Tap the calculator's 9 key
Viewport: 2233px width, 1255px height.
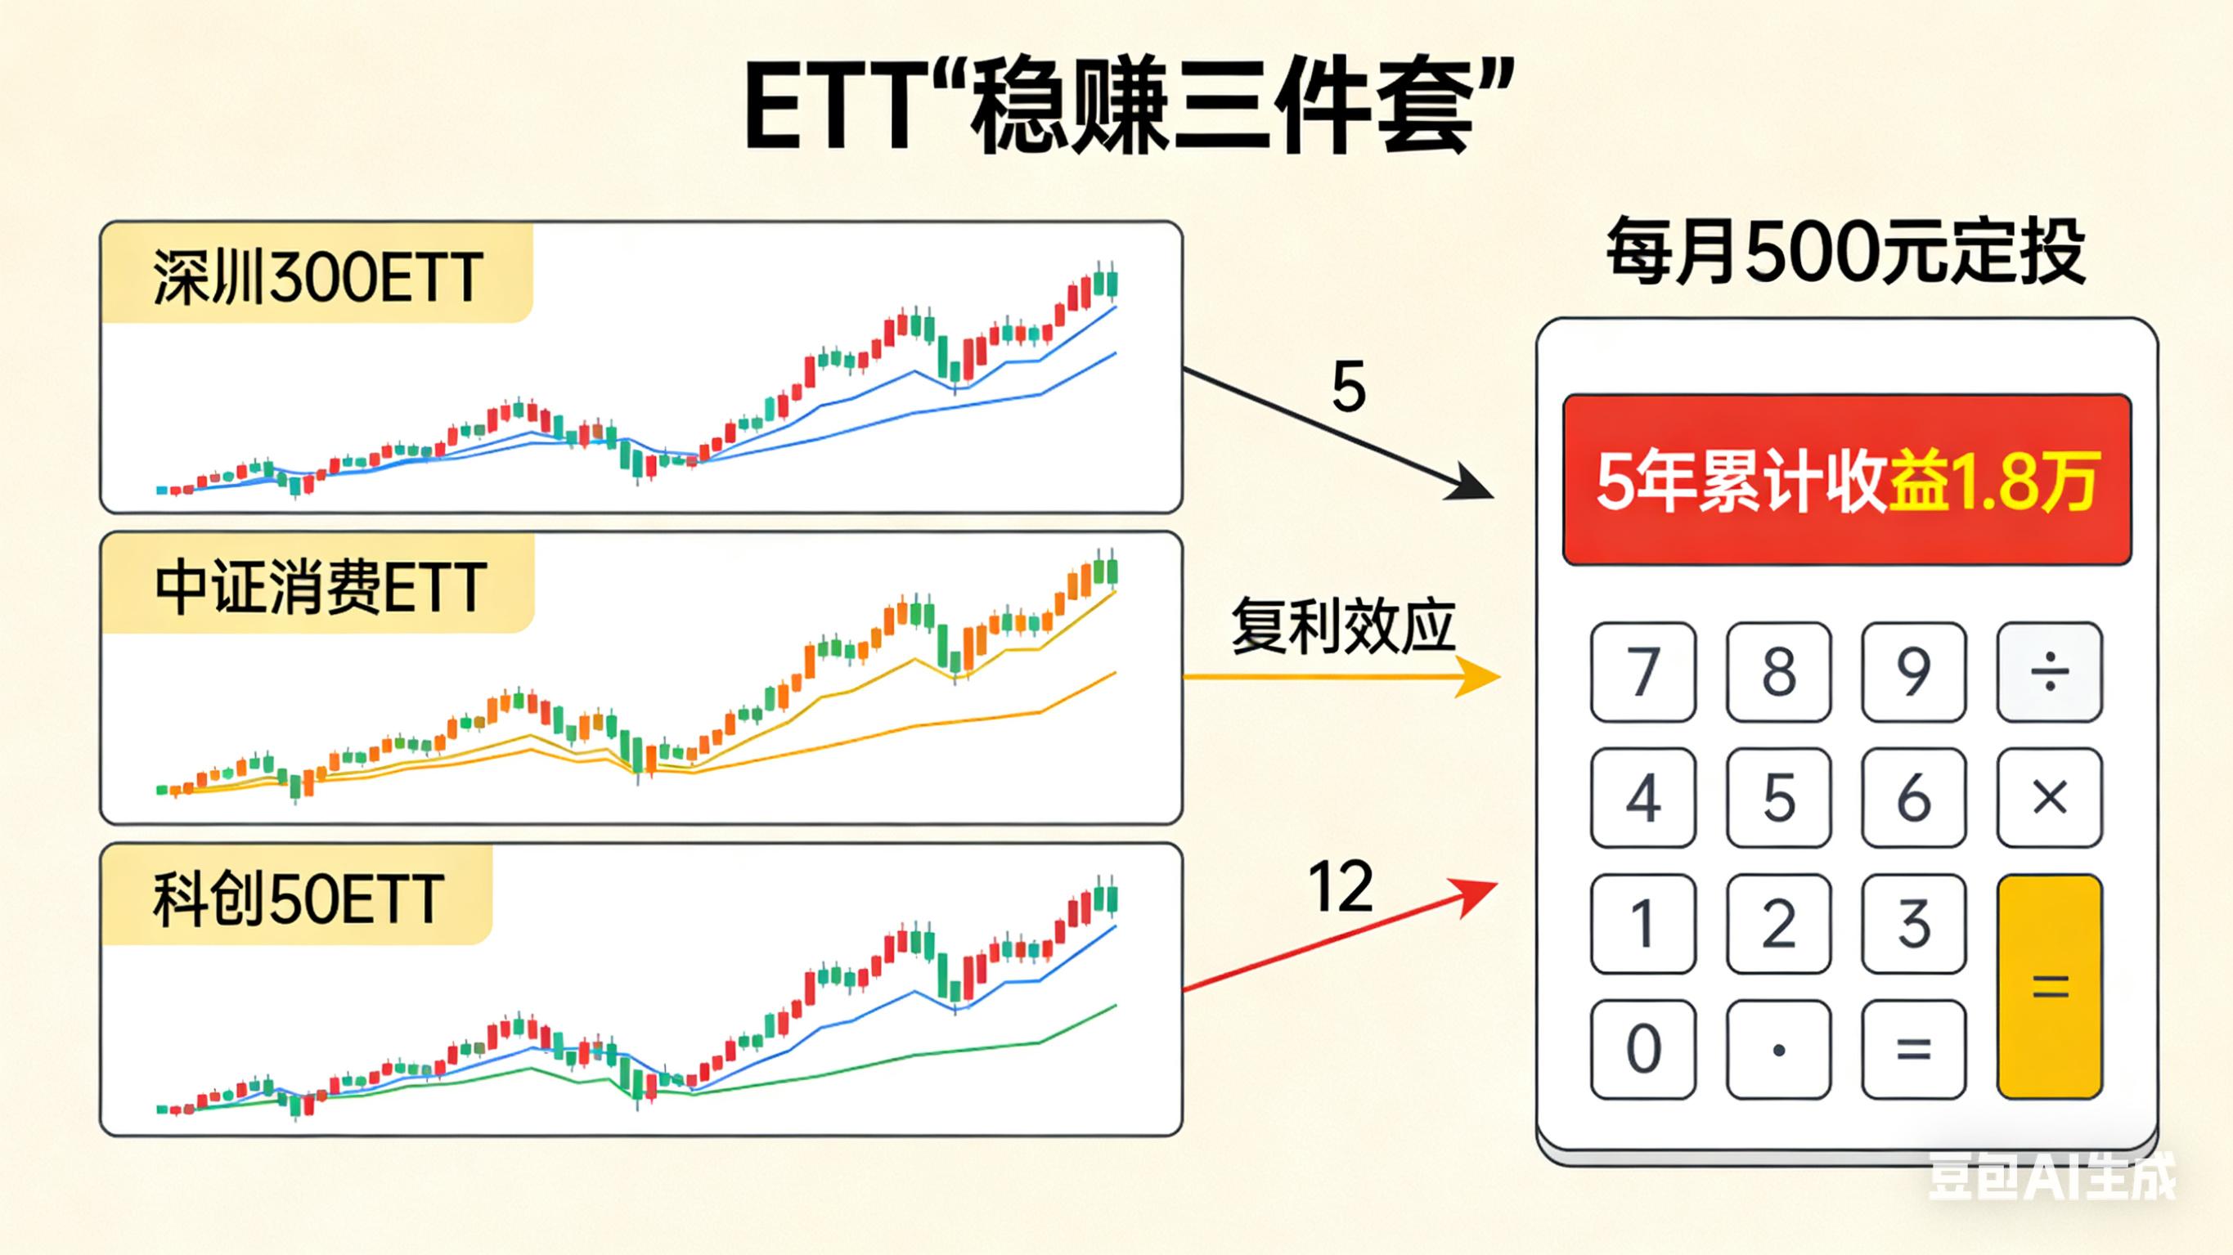tap(1913, 672)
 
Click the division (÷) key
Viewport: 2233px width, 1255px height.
tap(2049, 672)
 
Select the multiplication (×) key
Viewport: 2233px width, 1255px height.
tap(2049, 797)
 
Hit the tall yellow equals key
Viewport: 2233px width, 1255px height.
tap(2049, 986)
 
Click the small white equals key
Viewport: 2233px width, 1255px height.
tap(1913, 1050)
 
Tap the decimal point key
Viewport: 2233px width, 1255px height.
tap(1779, 1050)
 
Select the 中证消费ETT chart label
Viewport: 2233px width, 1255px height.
tap(320, 587)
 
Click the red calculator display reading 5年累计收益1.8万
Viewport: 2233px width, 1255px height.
tap(1846, 481)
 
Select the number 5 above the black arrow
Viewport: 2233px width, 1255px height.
tap(1349, 387)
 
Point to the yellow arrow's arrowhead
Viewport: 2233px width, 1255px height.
tap(1478, 676)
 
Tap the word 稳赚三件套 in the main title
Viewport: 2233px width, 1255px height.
tap(1222, 109)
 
